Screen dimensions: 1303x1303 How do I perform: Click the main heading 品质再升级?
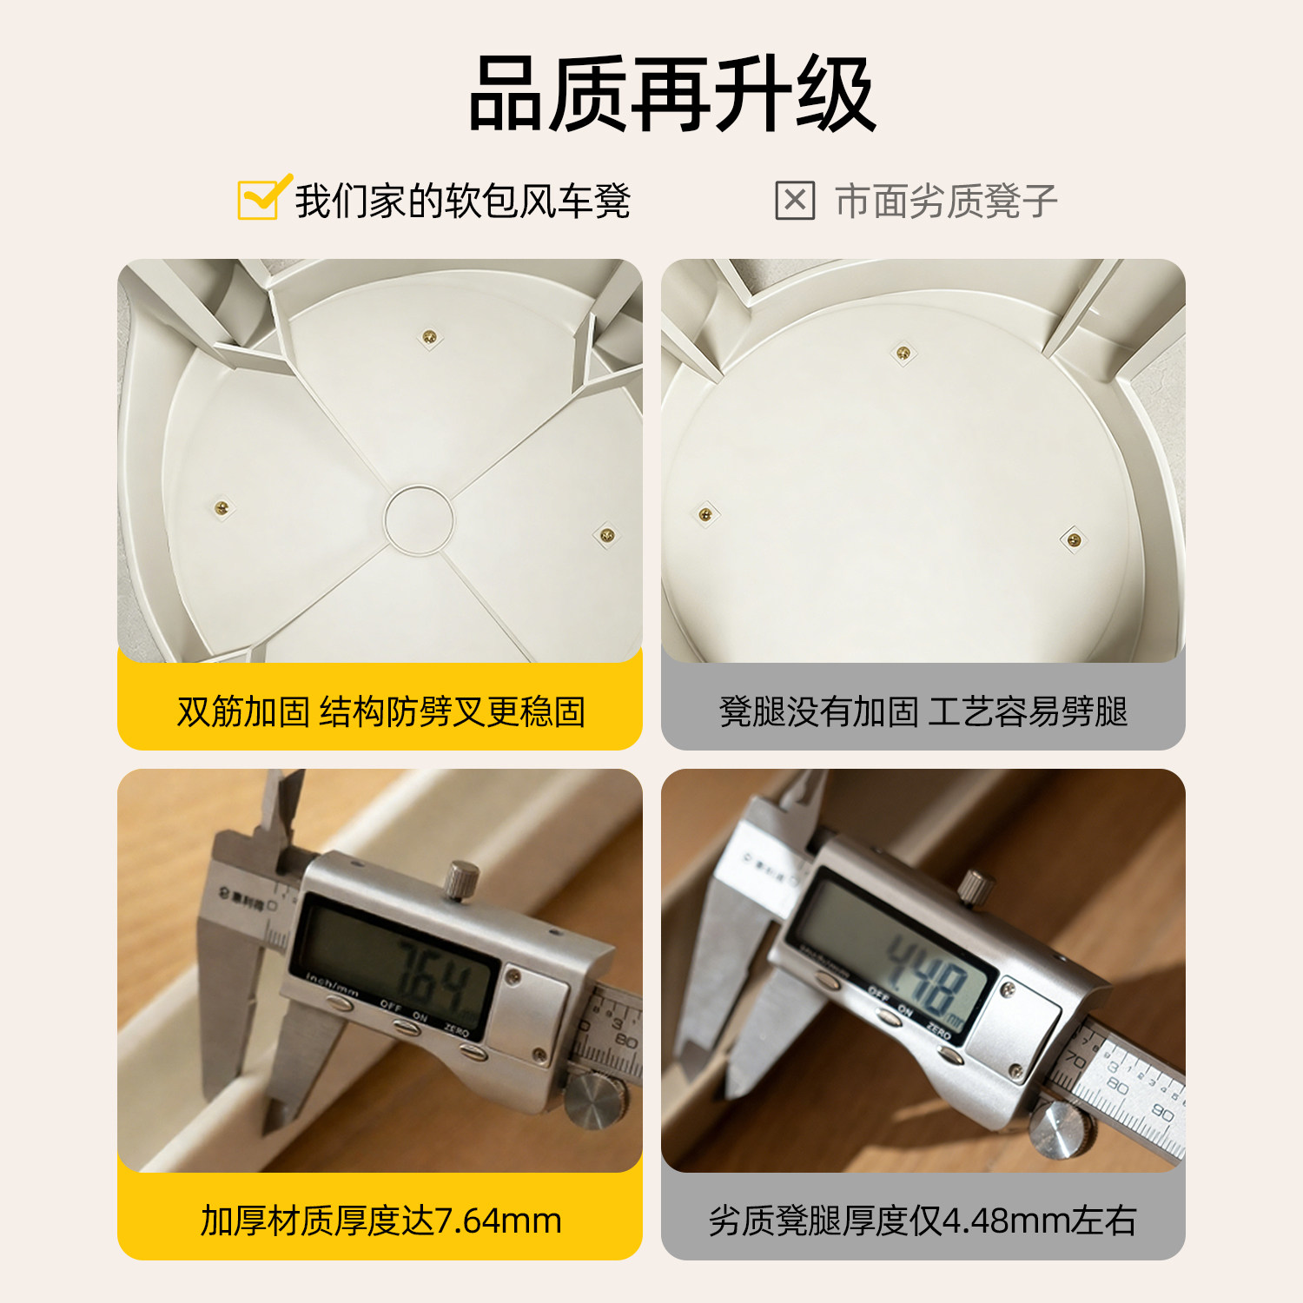point(671,94)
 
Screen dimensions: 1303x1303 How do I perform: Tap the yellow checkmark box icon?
point(260,199)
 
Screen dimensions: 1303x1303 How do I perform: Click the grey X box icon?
point(794,201)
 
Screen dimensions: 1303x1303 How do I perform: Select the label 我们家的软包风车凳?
point(462,202)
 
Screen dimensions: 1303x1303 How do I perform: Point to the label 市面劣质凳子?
point(945,202)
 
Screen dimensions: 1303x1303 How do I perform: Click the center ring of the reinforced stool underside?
point(419,519)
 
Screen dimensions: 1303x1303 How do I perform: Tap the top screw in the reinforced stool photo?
point(429,337)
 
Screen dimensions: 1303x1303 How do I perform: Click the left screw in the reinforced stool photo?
point(222,507)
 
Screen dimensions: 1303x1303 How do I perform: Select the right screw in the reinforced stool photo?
point(607,534)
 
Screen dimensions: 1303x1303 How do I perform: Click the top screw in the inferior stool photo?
point(903,353)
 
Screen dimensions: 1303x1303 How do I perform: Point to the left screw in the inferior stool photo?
point(705,515)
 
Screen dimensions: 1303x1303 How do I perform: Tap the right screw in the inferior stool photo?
point(1074,540)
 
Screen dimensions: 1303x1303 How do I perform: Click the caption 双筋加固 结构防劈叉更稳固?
point(380,711)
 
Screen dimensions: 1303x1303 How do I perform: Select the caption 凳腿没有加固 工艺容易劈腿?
point(923,711)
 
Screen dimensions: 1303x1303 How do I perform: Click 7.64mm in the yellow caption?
point(497,1220)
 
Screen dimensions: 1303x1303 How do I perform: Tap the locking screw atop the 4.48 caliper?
point(975,886)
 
